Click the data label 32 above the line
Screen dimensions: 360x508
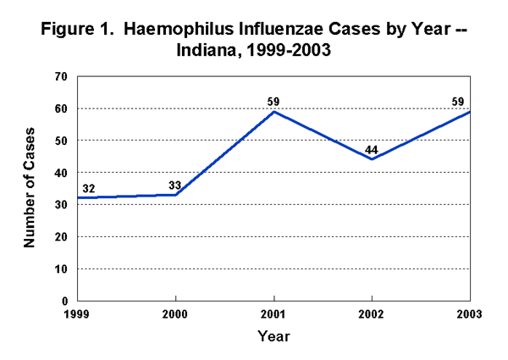(x=87, y=188)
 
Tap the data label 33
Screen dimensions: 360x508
(x=176, y=186)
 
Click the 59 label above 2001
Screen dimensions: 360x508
(x=273, y=102)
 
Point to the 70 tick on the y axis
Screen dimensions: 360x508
(x=61, y=76)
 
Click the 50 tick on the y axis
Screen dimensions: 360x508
(x=61, y=141)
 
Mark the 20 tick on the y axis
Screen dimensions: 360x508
(x=61, y=236)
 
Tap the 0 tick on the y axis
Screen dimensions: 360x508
(x=64, y=301)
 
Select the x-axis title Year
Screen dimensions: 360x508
(x=273, y=336)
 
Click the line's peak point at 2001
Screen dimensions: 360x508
(x=273, y=112)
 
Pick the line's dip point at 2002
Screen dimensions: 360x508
(x=372, y=159)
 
